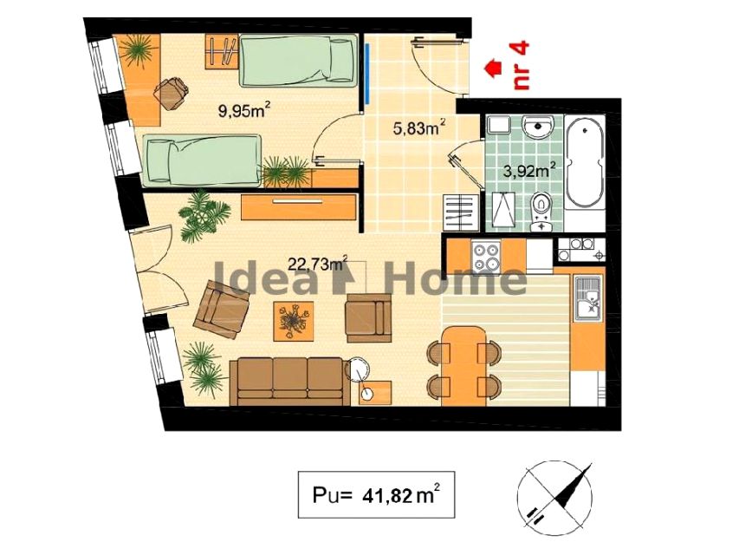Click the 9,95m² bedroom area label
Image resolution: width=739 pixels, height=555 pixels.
pos(243,111)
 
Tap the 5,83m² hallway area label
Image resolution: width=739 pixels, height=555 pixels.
pos(419,127)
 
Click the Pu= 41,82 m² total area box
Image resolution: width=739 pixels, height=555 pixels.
pos(376,494)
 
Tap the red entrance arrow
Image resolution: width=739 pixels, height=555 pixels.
pos(492,67)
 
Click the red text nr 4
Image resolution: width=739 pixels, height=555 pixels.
pos(522,65)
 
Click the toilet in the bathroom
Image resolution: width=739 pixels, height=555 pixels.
pos(542,212)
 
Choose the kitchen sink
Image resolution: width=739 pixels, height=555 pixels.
pos(587,297)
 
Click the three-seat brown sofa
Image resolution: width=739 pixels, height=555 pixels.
pos(289,381)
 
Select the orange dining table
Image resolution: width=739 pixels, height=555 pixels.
pos(463,366)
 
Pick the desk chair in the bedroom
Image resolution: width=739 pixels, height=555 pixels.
pos(171,93)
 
